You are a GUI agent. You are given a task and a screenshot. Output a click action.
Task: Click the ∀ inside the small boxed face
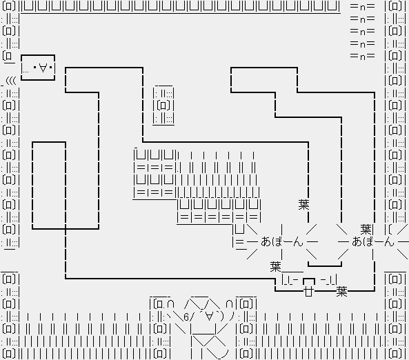[x=43, y=68]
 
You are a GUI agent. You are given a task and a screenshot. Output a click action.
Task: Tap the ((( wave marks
[x=11, y=81]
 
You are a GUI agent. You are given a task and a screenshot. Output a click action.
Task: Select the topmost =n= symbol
[x=363, y=6]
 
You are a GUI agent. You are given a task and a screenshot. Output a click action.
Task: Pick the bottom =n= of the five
[x=363, y=56]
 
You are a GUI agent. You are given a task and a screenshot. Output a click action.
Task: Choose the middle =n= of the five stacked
[x=363, y=31]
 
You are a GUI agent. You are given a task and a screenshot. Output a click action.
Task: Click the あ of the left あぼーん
[x=266, y=241]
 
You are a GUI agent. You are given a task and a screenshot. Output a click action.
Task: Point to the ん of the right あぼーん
[x=389, y=241]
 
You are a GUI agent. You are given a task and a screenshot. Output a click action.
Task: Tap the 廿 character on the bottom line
[x=308, y=291]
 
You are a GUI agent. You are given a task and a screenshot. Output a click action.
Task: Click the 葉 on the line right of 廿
[x=341, y=291]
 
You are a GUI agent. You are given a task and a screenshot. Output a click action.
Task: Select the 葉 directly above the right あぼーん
[x=366, y=229]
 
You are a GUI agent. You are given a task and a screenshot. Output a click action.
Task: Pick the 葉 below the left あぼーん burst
[x=275, y=267]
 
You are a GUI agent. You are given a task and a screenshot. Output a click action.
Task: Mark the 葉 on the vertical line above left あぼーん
[x=303, y=205]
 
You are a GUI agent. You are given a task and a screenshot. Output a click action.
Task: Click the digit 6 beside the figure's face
[x=186, y=317]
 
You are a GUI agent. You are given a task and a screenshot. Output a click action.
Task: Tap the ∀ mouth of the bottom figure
[x=209, y=317]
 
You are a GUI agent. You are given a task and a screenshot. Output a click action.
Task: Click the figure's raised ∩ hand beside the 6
[x=170, y=304]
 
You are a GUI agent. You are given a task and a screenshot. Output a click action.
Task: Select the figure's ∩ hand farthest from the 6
[x=230, y=304]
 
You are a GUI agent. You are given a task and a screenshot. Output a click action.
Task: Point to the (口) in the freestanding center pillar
[x=163, y=106]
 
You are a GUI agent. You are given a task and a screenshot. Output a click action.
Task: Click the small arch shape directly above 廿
[x=309, y=281]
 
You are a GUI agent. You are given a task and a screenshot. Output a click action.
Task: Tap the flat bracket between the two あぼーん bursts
[x=325, y=265]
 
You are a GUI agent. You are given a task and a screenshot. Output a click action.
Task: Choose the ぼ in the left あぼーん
[x=277, y=241]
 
